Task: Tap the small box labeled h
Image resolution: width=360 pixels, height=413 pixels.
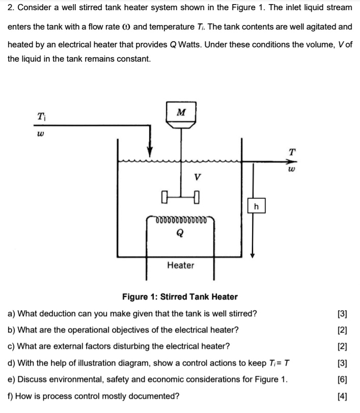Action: click(x=256, y=206)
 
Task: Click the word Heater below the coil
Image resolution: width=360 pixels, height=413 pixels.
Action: click(x=181, y=265)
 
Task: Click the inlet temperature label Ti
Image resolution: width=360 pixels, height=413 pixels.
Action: click(x=41, y=116)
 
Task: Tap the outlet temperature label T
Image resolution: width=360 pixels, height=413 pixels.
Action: click(x=291, y=151)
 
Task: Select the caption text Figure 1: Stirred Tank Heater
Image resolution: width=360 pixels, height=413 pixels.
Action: click(x=180, y=297)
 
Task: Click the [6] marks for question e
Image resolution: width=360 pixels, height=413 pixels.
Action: click(x=342, y=379)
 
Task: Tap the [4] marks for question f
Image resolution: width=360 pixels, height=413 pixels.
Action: click(x=342, y=396)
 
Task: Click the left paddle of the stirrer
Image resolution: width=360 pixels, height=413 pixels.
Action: click(x=163, y=195)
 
